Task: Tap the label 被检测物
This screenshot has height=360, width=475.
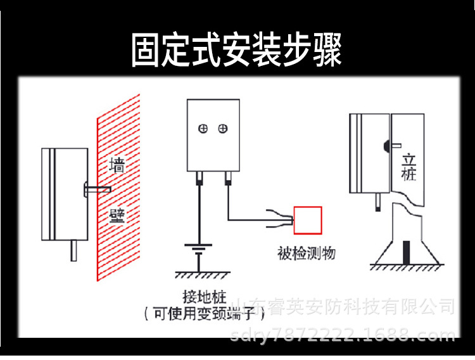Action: pos(306,254)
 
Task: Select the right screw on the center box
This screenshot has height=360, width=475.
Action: pos(222,129)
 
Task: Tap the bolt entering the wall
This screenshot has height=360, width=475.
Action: pos(98,188)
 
